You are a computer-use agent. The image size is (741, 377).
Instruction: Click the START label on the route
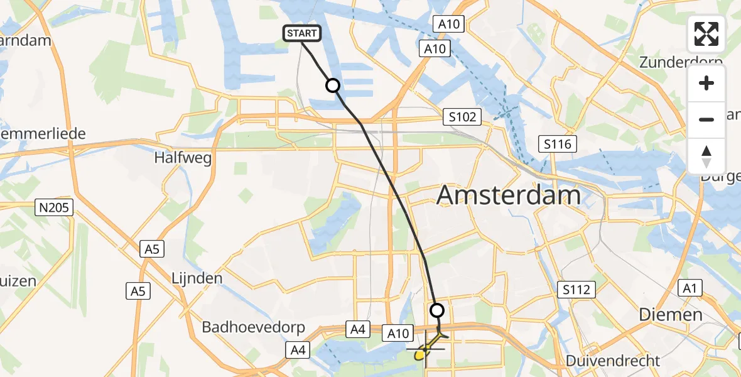tap(303, 33)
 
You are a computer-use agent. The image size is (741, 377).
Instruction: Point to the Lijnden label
tap(197, 278)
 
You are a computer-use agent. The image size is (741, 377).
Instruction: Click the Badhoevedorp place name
tap(253, 327)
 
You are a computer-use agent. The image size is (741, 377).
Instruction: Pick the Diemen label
tap(670, 314)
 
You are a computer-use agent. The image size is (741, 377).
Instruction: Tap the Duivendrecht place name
tap(612, 361)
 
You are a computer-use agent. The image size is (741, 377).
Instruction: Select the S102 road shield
tap(462, 116)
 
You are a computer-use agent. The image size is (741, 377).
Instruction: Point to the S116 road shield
tap(558, 145)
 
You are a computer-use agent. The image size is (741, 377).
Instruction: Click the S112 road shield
tap(575, 289)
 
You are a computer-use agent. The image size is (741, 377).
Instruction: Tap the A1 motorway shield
tap(691, 288)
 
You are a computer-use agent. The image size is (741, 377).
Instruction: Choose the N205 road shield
tap(55, 208)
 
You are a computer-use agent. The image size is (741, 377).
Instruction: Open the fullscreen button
tap(706, 34)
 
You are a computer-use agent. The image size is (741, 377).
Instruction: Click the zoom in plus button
tap(706, 83)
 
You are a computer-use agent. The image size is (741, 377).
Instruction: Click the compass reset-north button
tap(706, 156)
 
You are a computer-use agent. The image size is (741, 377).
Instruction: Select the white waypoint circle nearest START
tap(332, 85)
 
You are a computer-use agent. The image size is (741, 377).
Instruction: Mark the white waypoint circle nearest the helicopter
tap(436, 310)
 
